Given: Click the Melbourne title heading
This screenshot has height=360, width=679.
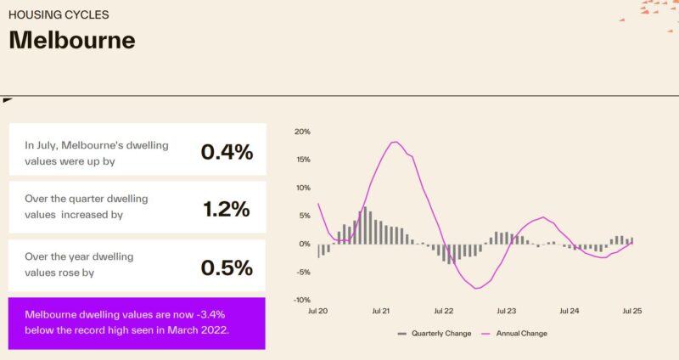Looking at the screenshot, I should [x=71, y=40].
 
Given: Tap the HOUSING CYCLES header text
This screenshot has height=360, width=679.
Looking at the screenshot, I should [x=59, y=15].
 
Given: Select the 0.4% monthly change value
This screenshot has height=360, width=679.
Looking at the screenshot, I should [x=227, y=152].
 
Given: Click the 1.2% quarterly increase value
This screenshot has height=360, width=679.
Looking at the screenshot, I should [x=227, y=209].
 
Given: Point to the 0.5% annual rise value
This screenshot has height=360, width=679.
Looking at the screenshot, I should [x=227, y=267].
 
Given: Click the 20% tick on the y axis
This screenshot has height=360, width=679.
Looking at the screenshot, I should [x=302, y=132].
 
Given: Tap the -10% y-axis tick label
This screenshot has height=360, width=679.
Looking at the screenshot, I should [x=301, y=300].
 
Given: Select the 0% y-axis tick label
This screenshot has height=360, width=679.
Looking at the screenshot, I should [x=304, y=244].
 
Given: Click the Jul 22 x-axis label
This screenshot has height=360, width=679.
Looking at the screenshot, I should [x=443, y=312].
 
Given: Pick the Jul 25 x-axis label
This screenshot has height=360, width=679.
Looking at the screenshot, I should [x=631, y=312].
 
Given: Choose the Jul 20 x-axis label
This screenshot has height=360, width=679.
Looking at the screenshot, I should [x=318, y=312].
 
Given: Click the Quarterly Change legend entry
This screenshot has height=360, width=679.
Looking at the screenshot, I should [x=435, y=334].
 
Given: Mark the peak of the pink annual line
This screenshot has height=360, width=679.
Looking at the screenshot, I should [x=395, y=142].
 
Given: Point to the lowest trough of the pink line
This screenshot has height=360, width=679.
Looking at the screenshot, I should [x=477, y=289].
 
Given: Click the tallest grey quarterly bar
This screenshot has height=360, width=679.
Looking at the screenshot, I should [x=365, y=225].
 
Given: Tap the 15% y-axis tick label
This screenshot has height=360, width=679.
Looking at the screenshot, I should [x=302, y=160].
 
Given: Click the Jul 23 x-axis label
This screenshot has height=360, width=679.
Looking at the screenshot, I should [x=506, y=312].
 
